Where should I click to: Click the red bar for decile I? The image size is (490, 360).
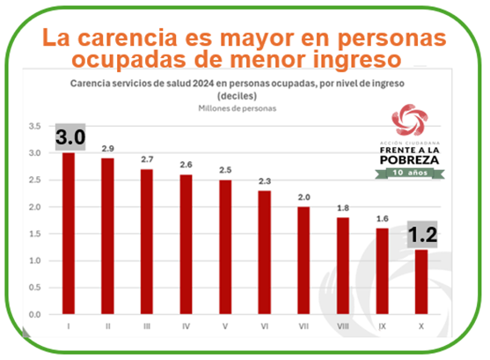(x=68, y=233)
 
